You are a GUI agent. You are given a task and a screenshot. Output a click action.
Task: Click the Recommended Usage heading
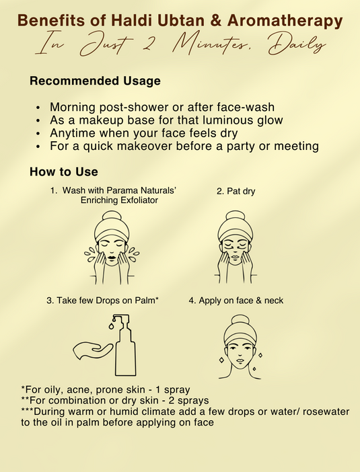click(x=95, y=81)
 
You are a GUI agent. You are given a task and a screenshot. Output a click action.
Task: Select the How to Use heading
click(x=64, y=172)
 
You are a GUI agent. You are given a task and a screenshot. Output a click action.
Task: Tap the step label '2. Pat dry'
click(x=236, y=191)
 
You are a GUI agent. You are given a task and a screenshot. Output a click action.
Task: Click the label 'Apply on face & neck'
click(x=241, y=301)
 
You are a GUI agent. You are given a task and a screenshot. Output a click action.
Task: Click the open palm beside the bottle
click(x=92, y=350)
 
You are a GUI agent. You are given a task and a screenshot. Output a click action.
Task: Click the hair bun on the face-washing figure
click(x=112, y=217)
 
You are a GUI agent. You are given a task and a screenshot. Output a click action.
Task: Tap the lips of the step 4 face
click(x=240, y=360)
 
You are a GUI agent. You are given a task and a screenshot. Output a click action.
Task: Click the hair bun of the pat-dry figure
click(x=236, y=217)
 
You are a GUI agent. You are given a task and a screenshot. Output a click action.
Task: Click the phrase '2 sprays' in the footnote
click(x=193, y=401)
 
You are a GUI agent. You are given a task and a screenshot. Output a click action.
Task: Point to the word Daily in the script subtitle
click(x=297, y=44)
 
